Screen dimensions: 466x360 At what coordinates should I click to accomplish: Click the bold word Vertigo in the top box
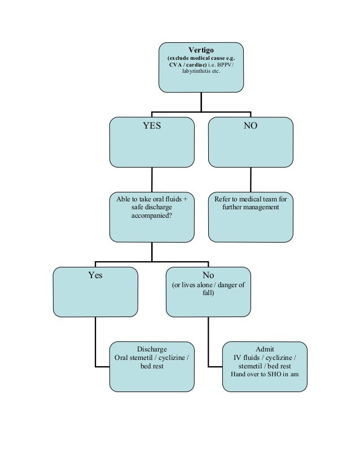click(201, 49)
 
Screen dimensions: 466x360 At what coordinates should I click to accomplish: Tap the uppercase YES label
click(151, 126)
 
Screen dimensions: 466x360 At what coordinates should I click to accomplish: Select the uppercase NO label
click(251, 126)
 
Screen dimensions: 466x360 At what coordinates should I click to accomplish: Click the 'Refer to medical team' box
click(251, 217)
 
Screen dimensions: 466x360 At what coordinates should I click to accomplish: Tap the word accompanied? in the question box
click(151, 215)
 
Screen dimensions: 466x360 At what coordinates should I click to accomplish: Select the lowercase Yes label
click(95, 276)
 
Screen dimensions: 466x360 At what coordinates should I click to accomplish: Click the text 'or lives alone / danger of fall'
click(208, 289)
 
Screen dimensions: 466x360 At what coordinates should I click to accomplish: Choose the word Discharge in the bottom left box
click(152, 349)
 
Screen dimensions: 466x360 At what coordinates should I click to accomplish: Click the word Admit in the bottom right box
click(265, 349)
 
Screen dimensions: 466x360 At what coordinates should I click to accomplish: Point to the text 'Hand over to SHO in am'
click(265, 373)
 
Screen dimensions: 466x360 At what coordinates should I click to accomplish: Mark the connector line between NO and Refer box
click(251, 180)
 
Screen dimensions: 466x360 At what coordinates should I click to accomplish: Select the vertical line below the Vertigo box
click(201, 102)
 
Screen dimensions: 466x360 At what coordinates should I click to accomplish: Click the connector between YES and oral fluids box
click(151, 180)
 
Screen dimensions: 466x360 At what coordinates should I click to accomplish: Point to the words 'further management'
click(251, 207)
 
